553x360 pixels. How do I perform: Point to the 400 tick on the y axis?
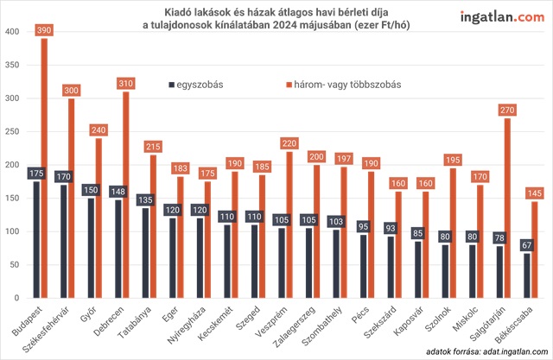pos(12,32)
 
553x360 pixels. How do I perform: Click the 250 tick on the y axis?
pos(12,132)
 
